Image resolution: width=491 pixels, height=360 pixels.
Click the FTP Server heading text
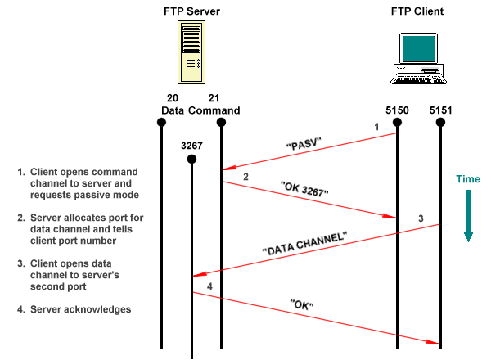191,11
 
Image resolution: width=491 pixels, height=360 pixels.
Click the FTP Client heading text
417,11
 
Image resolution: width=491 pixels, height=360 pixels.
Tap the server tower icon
191,52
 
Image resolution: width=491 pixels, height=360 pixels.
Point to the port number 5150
398,109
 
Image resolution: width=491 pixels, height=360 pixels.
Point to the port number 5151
440,109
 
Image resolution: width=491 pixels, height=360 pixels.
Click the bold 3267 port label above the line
191,146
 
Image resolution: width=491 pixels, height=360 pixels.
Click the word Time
467,178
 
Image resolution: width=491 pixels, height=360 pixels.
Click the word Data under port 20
173,110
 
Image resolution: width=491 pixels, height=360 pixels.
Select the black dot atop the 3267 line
191,158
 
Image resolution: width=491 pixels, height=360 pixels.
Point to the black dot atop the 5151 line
440,123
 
